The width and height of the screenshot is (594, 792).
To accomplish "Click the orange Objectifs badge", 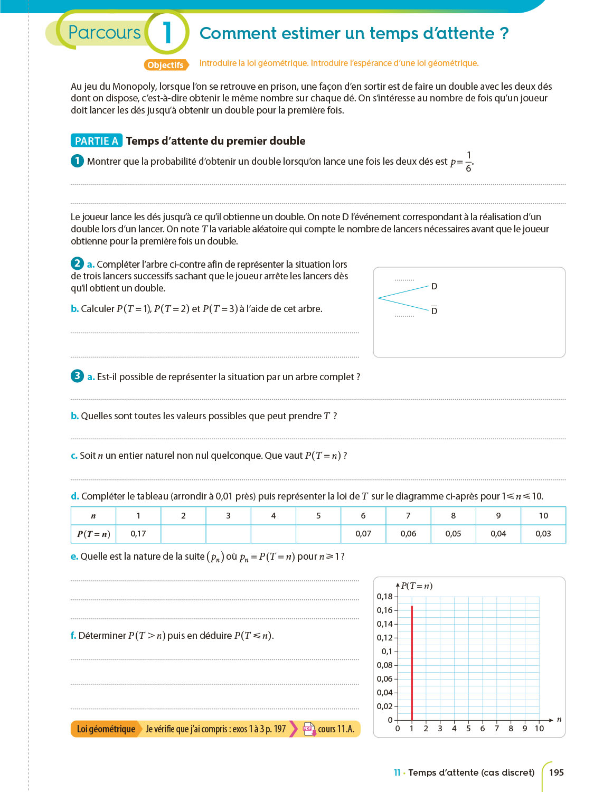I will click(x=166, y=65).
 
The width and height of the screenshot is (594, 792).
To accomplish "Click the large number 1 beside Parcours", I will click(x=167, y=33).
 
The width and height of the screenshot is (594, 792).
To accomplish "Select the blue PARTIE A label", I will click(x=96, y=141).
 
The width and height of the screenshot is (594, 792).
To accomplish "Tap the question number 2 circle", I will click(x=77, y=263).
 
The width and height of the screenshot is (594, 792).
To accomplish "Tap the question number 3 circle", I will click(x=77, y=376).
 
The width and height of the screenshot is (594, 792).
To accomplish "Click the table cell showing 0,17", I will click(x=138, y=534).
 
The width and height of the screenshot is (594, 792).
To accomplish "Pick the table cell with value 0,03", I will click(x=543, y=534).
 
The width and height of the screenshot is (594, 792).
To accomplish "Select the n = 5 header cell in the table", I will click(x=318, y=516).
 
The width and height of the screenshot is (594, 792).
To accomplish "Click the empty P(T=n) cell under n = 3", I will click(x=228, y=534).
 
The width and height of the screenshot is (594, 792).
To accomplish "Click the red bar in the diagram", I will click(x=412, y=663).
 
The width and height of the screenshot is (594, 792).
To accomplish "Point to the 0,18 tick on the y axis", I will click(x=384, y=597).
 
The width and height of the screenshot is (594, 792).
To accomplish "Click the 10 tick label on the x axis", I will click(x=539, y=729).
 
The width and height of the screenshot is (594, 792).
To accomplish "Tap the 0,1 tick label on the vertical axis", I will click(x=387, y=652).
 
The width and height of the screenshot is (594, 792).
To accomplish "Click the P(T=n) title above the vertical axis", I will click(x=417, y=586).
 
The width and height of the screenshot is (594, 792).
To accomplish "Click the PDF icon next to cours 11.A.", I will click(x=309, y=729).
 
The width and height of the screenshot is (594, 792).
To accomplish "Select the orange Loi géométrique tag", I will click(x=106, y=729).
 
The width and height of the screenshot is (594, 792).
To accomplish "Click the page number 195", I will click(x=557, y=772).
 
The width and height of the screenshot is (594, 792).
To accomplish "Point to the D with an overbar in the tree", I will click(x=434, y=310).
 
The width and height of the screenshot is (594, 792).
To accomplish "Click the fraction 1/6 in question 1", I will click(x=468, y=162).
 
